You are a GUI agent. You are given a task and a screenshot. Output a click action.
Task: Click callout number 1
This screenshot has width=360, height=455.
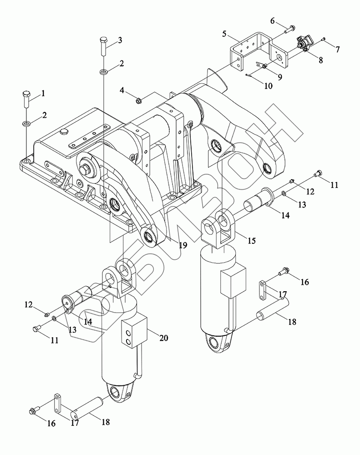(43, 93)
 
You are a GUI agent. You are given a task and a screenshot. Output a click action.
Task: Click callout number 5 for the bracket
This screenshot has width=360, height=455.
(224, 34)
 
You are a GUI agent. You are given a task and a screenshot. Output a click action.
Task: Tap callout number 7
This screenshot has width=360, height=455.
(337, 50)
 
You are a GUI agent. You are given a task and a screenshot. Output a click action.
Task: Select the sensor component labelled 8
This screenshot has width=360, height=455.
(304, 45)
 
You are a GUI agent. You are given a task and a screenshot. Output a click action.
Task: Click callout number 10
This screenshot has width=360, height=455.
(268, 86)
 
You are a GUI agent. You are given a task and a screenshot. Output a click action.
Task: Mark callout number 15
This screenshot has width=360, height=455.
(251, 240)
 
